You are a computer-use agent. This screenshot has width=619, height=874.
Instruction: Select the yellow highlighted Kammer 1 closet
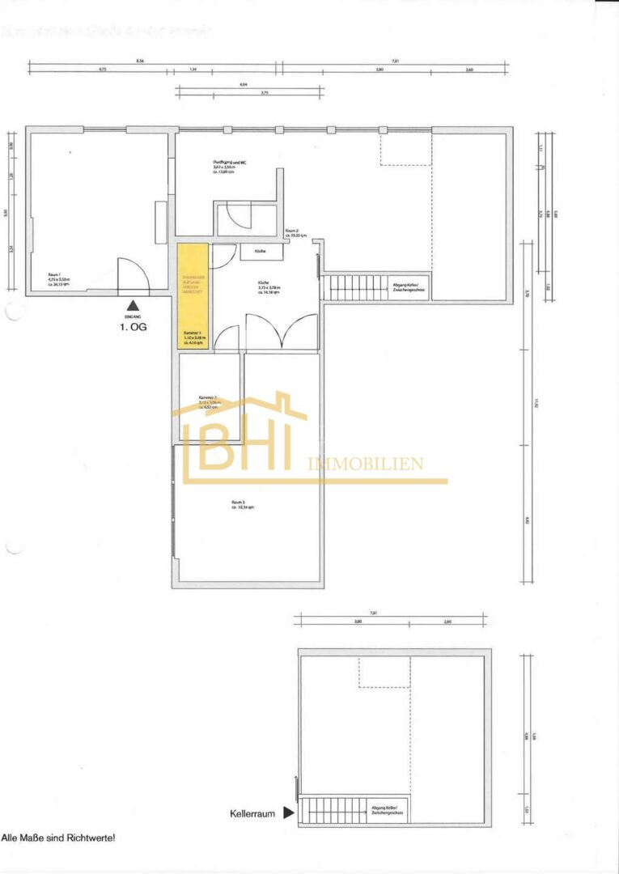tap(193, 295)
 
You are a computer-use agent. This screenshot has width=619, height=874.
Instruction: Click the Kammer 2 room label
tap(210, 401)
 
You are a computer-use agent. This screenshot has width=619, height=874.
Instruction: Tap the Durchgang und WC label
tap(231, 166)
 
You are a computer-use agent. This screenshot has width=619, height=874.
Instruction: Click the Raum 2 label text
tap(292, 233)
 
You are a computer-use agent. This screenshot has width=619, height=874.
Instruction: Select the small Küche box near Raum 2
tap(261, 252)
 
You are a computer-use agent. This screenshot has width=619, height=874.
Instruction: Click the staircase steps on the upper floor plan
tap(354, 287)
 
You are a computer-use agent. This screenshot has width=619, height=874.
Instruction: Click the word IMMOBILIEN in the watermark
tap(366, 464)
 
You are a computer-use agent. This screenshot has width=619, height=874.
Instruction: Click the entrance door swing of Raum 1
tap(133, 277)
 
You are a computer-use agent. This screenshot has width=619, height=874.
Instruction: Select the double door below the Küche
tap(281, 333)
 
